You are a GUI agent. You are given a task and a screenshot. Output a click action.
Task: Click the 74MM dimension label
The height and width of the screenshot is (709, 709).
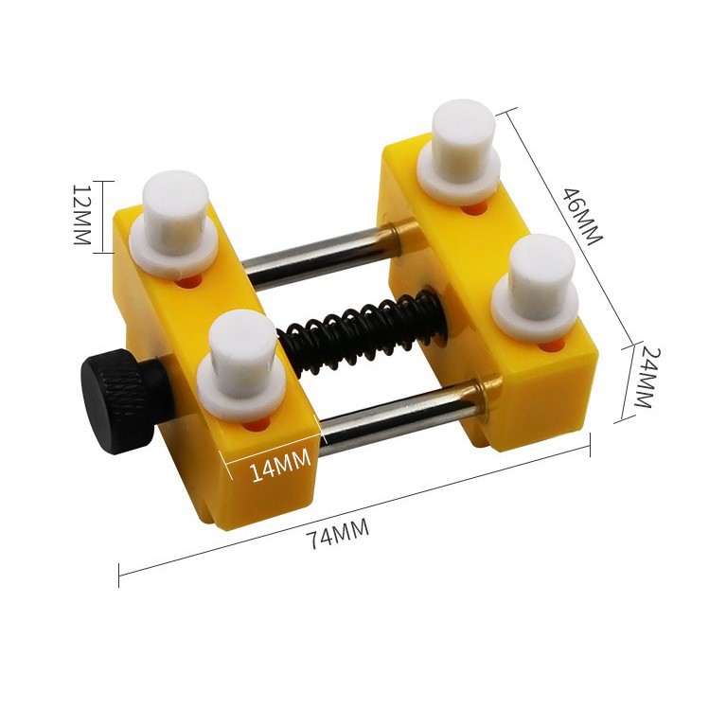click(337, 533)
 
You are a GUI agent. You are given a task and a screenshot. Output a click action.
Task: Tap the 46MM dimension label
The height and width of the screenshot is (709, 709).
click(582, 216)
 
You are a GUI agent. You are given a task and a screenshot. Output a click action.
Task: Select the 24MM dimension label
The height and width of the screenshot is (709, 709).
click(646, 377)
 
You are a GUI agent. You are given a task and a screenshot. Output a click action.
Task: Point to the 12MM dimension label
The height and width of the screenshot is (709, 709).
click(82, 214)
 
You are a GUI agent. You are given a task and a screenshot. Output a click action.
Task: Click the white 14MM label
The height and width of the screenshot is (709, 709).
click(280, 465)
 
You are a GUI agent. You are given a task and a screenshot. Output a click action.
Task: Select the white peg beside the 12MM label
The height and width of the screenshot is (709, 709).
click(174, 222)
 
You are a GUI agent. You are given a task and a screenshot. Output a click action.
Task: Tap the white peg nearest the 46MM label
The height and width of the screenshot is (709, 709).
click(458, 151)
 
